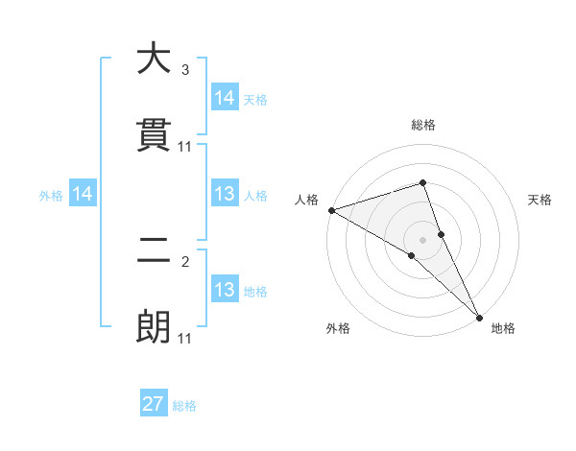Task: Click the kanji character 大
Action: click(154, 59)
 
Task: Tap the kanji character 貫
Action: click(154, 135)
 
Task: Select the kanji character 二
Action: click(154, 251)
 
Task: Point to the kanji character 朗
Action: click(154, 328)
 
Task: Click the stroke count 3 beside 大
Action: click(185, 70)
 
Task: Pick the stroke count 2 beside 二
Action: click(185, 261)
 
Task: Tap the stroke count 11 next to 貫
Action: click(185, 147)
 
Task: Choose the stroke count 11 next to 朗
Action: click(185, 339)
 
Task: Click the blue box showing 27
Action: click(154, 404)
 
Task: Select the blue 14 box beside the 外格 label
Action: click(84, 195)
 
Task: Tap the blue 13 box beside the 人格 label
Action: click(225, 195)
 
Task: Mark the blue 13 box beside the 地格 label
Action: click(225, 290)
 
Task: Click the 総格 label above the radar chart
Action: click(423, 125)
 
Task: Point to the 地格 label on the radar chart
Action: click(503, 329)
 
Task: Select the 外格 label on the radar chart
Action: click(338, 329)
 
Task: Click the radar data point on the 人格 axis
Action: click(331, 210)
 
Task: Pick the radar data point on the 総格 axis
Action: click(423, 182)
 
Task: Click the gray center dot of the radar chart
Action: click(423, 239)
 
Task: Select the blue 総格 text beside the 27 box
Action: click(184, 406)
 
